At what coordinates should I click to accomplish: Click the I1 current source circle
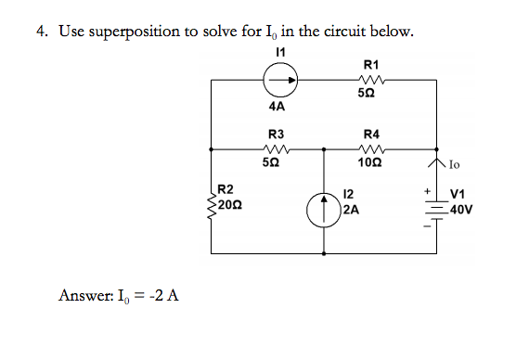282,82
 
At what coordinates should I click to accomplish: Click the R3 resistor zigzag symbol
277,148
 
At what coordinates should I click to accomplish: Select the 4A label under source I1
276,108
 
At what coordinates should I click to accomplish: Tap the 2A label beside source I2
350,210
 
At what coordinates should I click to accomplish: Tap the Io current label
454,166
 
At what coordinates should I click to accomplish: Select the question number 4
42,32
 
